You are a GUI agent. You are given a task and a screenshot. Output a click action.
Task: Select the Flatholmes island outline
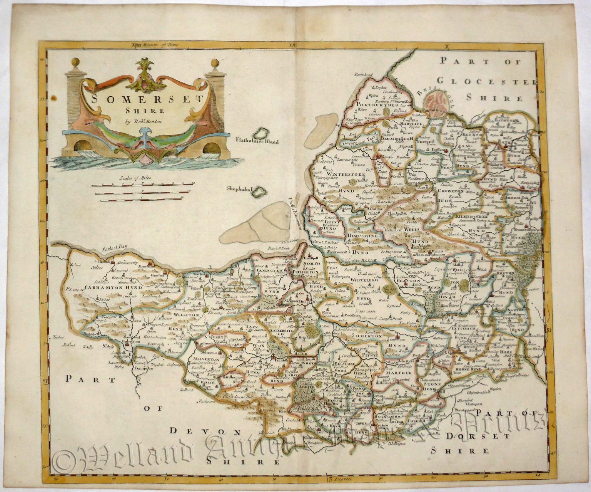tap(263, 133)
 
